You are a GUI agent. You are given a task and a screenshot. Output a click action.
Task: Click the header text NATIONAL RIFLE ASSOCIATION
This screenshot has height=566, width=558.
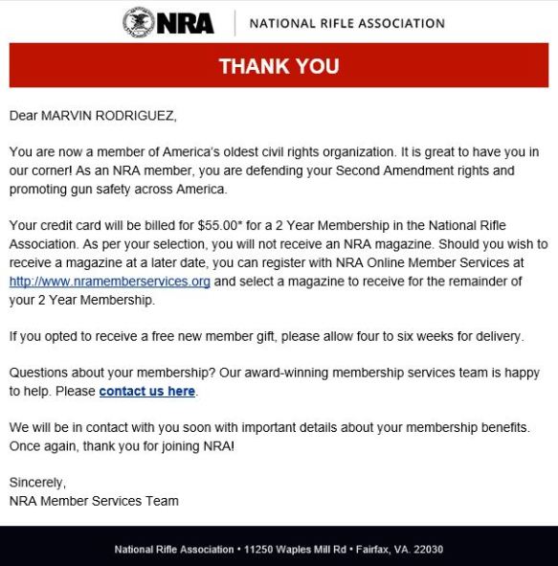coord(346,23)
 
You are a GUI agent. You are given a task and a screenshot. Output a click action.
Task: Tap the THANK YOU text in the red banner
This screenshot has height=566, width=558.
coord(279,66)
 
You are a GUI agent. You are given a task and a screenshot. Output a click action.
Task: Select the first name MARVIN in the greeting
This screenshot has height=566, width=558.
coord(68,116)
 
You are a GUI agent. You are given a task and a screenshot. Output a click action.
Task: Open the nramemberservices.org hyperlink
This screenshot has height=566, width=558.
coord(109,282)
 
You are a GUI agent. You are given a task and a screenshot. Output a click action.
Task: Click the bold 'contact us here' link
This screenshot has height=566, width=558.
coord(147,392)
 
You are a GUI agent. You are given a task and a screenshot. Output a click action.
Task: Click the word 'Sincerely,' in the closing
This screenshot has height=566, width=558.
coord(37,483)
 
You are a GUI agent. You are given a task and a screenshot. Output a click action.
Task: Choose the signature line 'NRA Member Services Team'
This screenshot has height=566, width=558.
coord(94,501)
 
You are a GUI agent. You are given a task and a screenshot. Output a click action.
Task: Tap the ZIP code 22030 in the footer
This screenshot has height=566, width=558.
coord(427,550)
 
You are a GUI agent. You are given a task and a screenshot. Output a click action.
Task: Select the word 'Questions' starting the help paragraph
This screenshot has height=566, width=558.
coord(39,374)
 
